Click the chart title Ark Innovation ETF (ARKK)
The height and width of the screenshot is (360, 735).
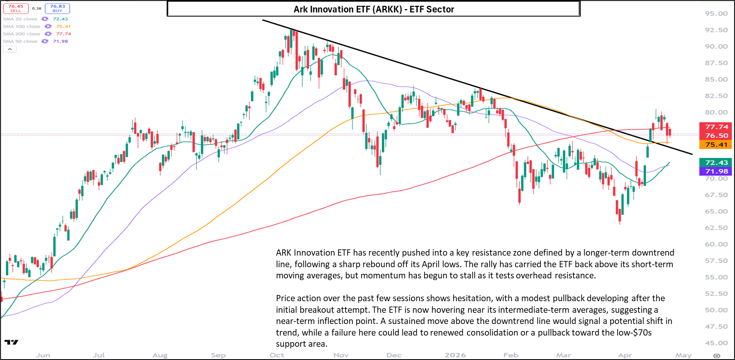[373, 9]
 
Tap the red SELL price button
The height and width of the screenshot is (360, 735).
[16, 8]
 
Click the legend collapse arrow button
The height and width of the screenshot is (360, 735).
[10, 49]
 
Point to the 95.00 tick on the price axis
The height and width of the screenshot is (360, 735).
[716, 14]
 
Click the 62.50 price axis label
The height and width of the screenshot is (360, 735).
[716, 228]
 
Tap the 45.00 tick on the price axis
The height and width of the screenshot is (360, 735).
[716, 343]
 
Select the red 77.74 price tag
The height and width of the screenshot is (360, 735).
[716, 127]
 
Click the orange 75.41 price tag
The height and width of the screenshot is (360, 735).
[716, 145]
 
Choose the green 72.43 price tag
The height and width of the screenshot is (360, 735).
[716, 162]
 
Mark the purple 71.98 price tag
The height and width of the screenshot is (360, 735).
[716, 171]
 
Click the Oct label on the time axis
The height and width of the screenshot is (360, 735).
[277, 355]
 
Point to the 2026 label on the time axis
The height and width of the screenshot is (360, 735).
[455, 355]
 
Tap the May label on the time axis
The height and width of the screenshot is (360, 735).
[683, 355]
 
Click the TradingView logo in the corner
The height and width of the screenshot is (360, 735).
[12, 342]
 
